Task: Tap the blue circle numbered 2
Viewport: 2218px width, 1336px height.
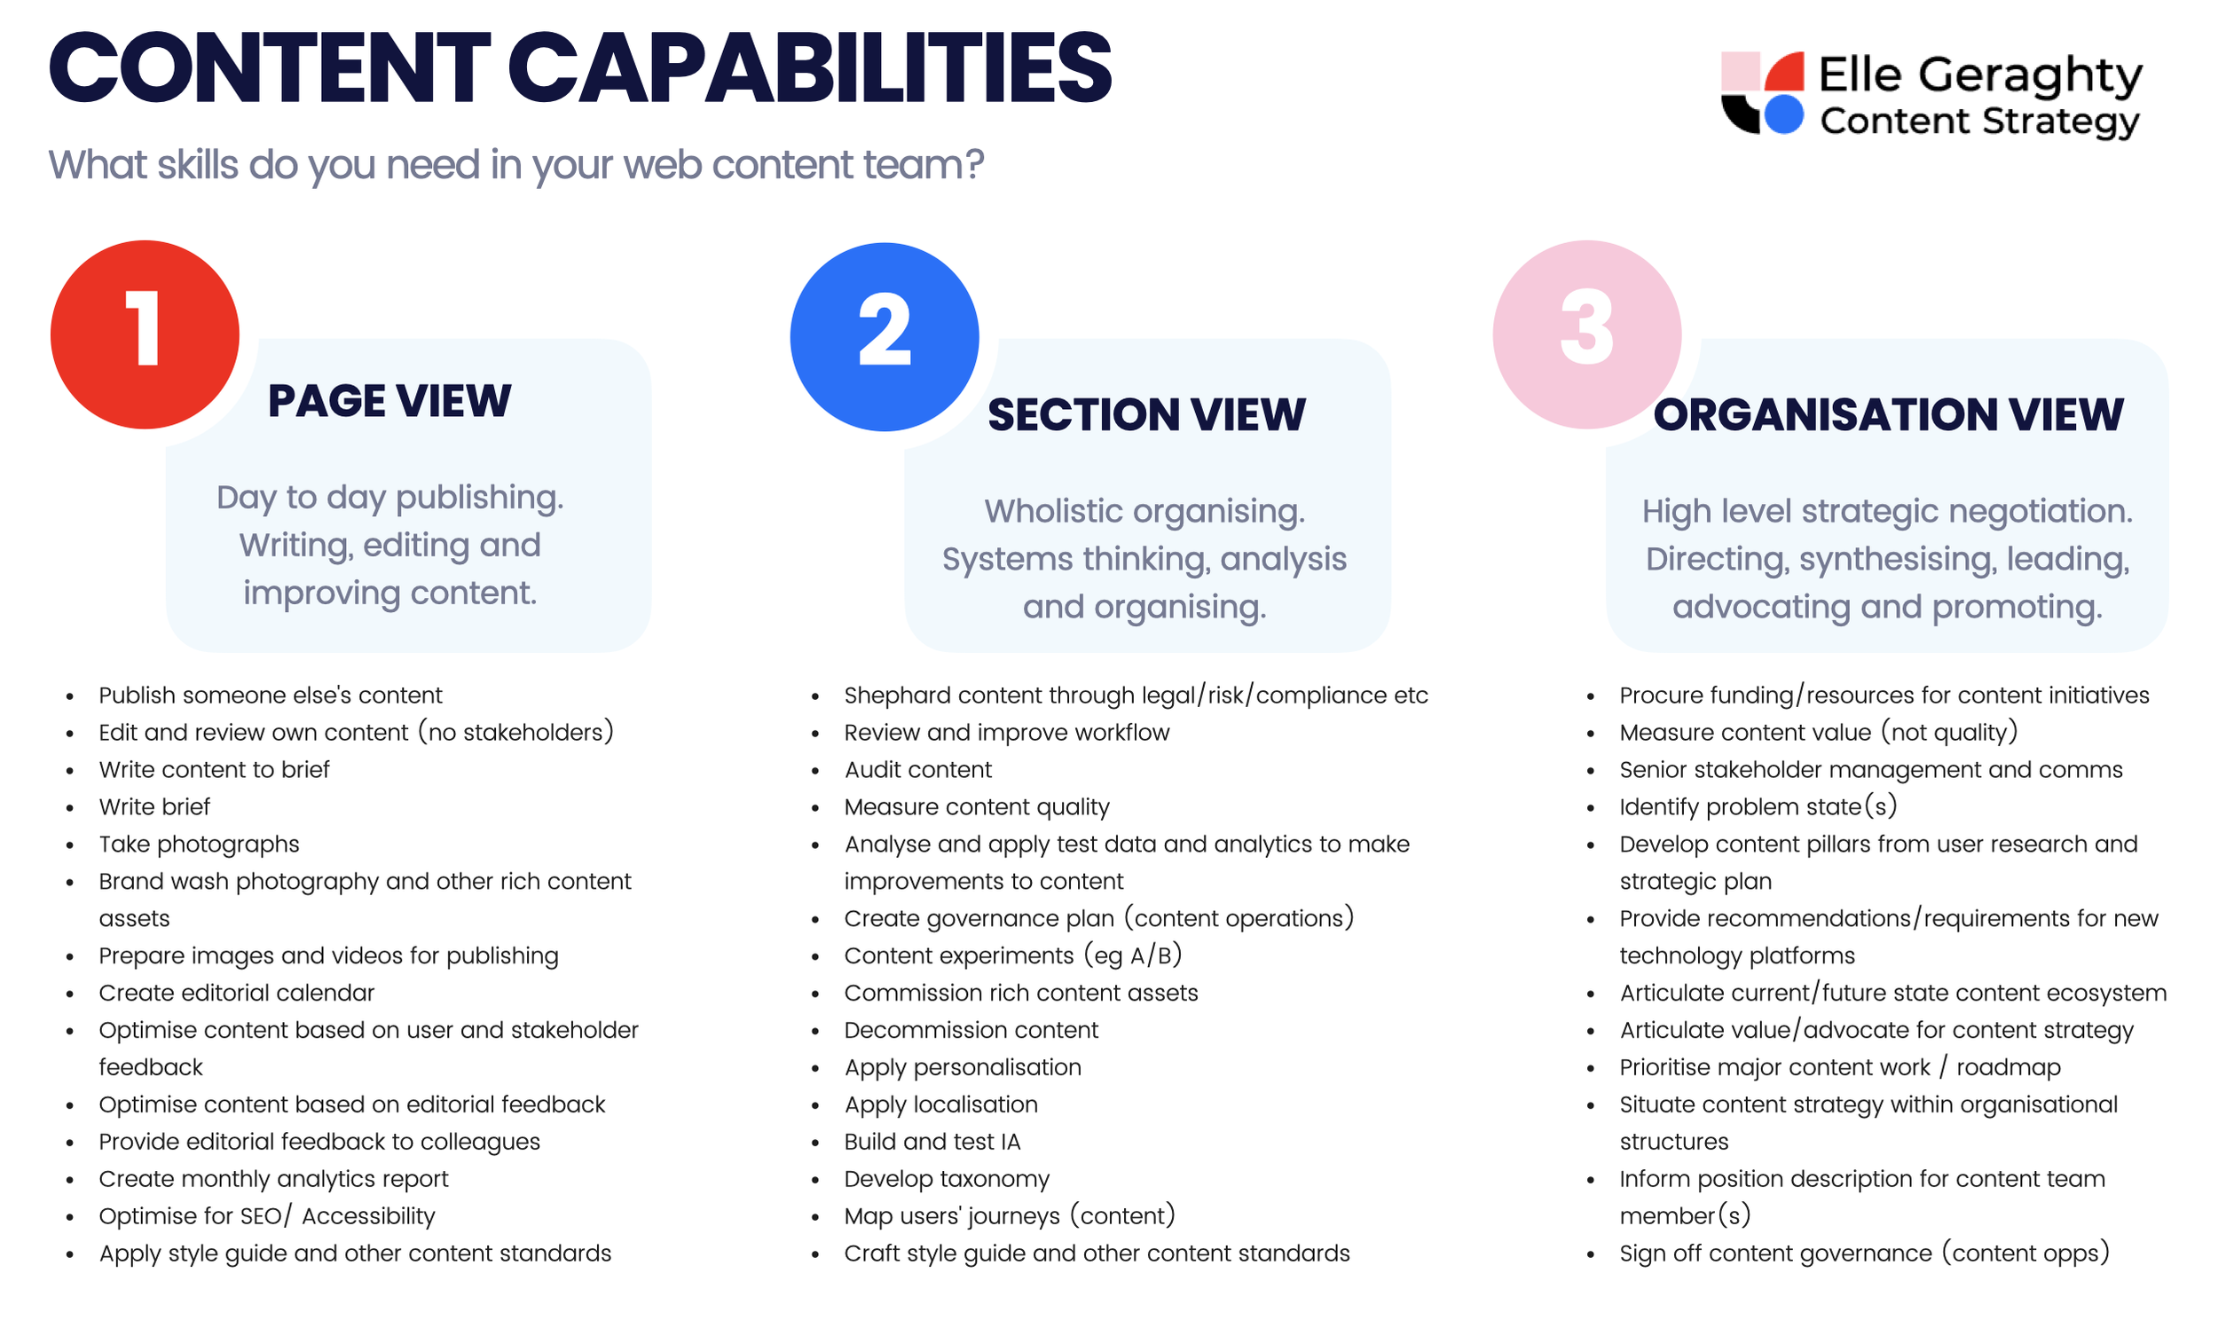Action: [884, 337]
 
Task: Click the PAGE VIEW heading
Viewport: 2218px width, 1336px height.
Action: [389, 402]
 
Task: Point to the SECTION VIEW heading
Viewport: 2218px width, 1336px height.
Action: [1146, 415]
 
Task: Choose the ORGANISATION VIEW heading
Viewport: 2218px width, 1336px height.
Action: [1888, 415]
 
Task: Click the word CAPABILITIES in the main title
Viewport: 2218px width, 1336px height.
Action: [810, 68]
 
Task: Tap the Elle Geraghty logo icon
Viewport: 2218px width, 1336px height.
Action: [1762, 93]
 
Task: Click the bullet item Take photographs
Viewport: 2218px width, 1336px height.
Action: [199, 845]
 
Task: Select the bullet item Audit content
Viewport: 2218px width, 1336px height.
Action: [917, 770]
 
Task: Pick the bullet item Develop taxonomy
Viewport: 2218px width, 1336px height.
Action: [946, 1179]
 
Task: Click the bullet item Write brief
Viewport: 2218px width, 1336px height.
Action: [153, 807]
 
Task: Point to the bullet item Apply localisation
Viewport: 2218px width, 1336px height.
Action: [940, 1104]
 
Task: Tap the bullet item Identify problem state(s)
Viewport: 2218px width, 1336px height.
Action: [1758, 807]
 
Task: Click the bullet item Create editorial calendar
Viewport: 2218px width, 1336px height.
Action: [236, 993]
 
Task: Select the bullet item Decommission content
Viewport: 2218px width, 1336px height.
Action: [971, 1030]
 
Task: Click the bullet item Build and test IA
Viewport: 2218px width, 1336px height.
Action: [932, 1143]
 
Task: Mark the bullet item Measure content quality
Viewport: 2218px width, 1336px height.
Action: [976, 807]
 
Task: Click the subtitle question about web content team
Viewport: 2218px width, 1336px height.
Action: [515, 165]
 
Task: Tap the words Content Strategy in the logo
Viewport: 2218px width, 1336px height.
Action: [1978, 122]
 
